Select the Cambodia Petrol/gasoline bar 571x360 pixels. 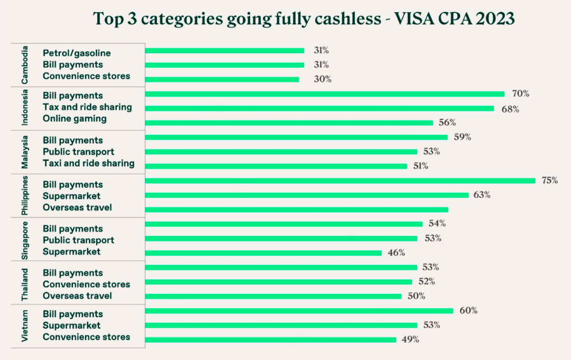click(x=225, y=51)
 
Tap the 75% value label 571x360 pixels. click(x=549, y=180)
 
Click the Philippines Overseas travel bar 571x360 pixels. click(x=297, y=209)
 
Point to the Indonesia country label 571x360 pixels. click(x=25, y=108)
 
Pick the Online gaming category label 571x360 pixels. click(x=75, y=118)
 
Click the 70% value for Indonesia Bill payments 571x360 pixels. click(x=520, y=94)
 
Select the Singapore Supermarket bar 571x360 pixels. click(x=263, y=253)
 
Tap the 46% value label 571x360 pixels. click(x=396, y=253)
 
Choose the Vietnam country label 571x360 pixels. click(x=25, y=326)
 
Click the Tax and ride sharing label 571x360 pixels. click(x=87, y=107)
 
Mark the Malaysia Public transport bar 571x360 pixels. click(x=281, y=152)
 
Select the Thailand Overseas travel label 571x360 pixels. click(x=77, y=296)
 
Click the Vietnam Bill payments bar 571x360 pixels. click(x=299, y=311)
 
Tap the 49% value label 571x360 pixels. click(x=410, y=339)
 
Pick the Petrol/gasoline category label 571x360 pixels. click(x=77, y=53)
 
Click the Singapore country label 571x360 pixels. click(x=25, y=239)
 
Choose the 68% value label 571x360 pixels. click(x=510, y=108)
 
